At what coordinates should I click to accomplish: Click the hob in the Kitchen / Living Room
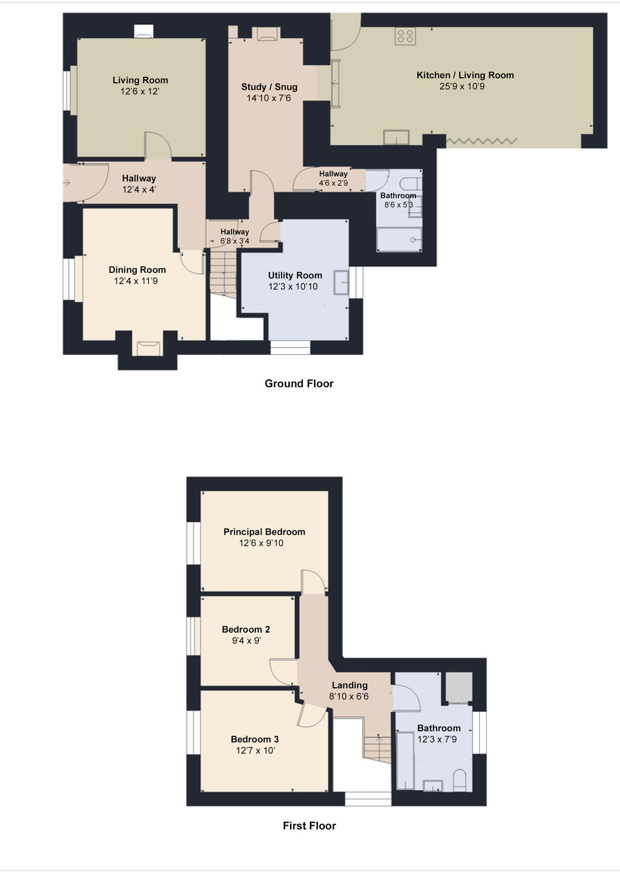tap(405, 36)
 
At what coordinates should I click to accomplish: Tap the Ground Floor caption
tap(299, 384)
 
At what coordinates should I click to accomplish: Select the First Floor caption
tap(309, 826)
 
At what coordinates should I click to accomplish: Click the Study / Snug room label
tap(269, 87)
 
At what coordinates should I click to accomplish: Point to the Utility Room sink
tap(341, 282)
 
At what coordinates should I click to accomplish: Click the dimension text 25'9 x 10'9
tap(462, 86)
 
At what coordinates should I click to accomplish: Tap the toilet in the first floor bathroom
tap(460, 780)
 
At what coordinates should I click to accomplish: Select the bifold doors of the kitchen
tap(481, 142)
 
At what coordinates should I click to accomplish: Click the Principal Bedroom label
tap(264, 532)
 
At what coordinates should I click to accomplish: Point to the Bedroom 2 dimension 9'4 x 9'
tap(246, 641)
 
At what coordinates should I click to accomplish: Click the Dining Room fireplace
tap(149, 348)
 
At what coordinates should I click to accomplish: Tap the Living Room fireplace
tap(144, 31)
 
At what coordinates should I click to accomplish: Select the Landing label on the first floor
tap(349, 685)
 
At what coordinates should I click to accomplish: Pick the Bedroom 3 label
tap(255, 739)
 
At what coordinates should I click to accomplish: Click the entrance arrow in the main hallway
tap(66, 183)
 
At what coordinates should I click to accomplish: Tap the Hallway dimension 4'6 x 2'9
tap(333, 183)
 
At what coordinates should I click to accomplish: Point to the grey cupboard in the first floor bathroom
tap(458, 687)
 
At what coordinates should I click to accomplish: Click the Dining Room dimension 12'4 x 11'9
tap(136, 281)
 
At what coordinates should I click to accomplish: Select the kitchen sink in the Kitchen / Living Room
tap(396, 137)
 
